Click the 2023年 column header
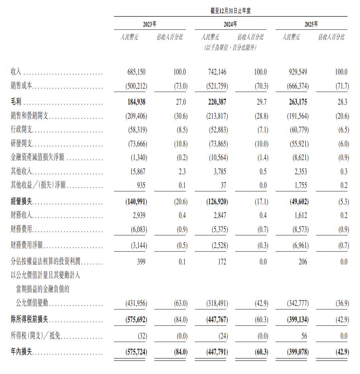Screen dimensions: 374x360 pyautogui.click(x=149, y=24)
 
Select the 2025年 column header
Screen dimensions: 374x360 pyautogui.click(x=311, y=24)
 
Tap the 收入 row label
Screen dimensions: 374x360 pyautogui.click(x=17, y=72)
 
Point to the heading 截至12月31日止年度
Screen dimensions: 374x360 pyautogui.click(x=230, y=11)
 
